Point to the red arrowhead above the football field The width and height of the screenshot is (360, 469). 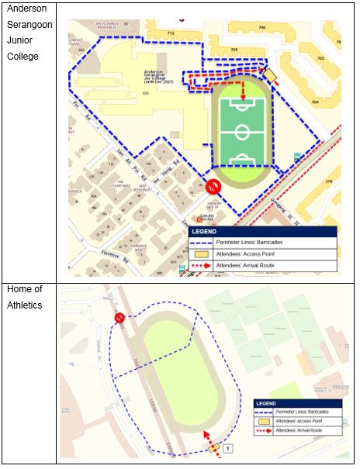[x=243, y=98]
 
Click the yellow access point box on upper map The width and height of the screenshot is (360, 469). [x=269, y=74]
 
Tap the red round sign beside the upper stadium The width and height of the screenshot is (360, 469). [x=213, y=186]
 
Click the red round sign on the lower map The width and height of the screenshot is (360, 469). [x=119, y=318]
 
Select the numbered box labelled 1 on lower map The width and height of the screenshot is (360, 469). [x=228, y=448]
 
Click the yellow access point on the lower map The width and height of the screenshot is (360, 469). [x=213, y=447]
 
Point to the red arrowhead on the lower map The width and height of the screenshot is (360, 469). [x=206, y=435]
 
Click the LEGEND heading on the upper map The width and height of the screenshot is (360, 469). [x=203, y=231]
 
